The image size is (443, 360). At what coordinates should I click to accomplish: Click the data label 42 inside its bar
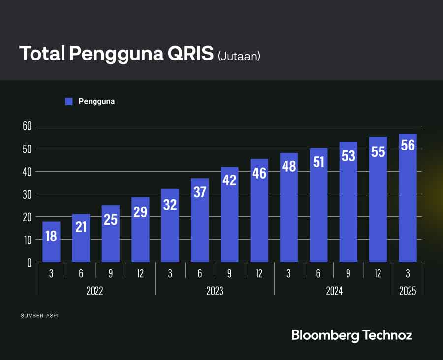tap(229, 180)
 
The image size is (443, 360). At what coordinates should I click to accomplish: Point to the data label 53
tap(348, 155)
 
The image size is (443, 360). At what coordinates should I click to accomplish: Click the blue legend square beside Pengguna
tap(69, 101)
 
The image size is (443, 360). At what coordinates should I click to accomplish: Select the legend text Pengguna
tap(96, 101)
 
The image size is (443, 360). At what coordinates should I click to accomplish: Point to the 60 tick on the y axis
tap(27, 126)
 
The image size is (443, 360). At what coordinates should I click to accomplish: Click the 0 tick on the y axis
tap(29, 263)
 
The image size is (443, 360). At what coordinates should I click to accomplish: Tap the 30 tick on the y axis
tap(27, 194)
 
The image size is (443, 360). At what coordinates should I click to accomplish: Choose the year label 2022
tap(95, 291)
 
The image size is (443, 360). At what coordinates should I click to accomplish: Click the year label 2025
tap(408, 291)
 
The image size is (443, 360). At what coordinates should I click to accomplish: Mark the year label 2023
tap(214, 291)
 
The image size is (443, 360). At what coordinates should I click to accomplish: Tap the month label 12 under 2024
tap(378, 273)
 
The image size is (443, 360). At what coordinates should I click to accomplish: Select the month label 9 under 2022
tap(111, 273)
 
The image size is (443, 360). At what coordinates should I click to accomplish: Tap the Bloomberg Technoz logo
tap(351, 335)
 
